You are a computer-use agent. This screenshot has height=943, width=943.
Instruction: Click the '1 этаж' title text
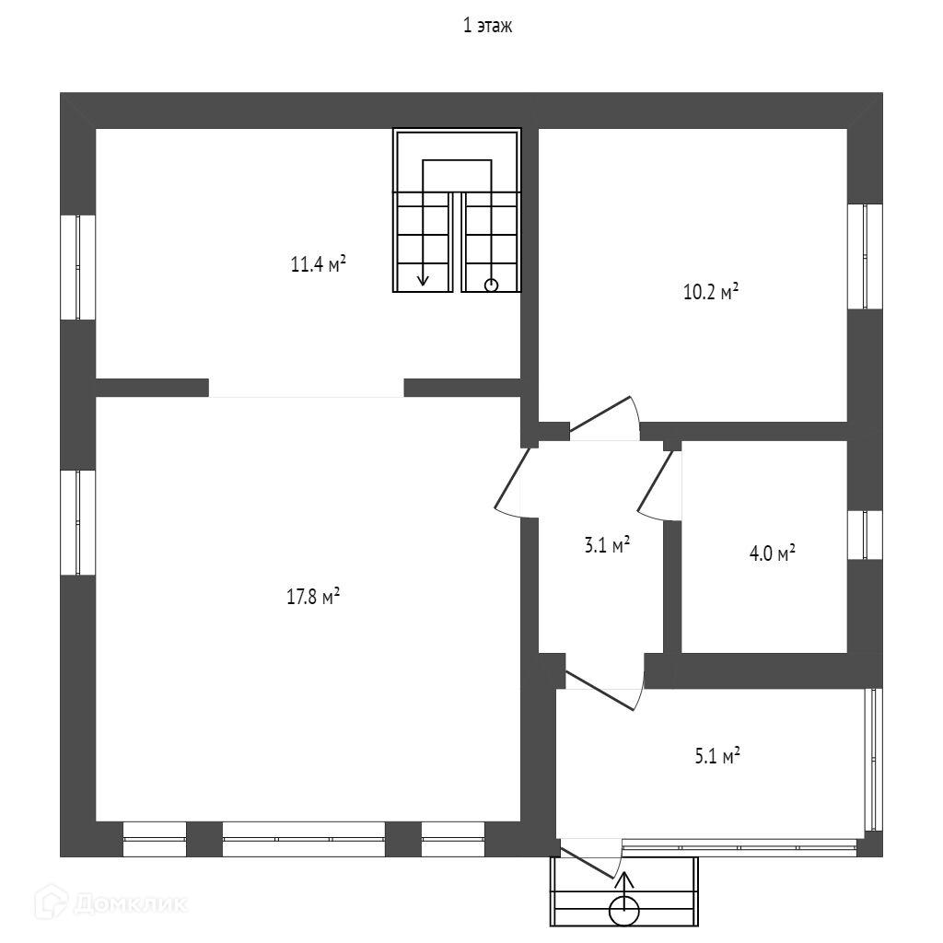point(487,27)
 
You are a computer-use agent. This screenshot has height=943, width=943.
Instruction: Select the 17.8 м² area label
point(314,597)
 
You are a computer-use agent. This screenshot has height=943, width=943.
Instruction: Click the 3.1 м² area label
point(607,546)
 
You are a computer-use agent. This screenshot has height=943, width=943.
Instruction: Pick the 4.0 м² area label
point(773,554)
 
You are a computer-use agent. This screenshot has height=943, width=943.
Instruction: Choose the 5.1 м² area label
point(717,757)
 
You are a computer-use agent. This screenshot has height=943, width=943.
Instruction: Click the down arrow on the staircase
point(423,277)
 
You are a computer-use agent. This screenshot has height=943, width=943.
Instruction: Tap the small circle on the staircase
point(491,285)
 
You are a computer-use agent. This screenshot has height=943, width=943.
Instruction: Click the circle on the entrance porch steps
point(625,911)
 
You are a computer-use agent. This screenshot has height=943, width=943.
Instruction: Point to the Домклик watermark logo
point(116,903)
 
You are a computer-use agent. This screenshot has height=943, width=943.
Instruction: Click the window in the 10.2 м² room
point(865,256)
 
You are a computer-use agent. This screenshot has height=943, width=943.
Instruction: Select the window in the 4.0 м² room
point(865,535)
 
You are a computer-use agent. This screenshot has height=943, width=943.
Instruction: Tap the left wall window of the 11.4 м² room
point(78,267)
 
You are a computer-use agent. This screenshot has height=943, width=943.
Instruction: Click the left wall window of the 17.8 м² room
point(78,522)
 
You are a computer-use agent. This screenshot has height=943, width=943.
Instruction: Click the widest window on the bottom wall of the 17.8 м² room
point(303,839)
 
